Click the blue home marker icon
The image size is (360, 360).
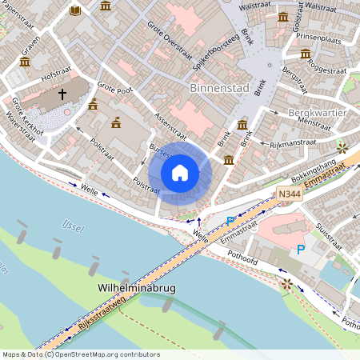tap(180, 173)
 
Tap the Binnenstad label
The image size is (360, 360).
tap(221, 86)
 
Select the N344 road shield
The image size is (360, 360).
tap(289, 194)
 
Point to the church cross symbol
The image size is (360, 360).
tap(62, 94)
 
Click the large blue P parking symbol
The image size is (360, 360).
tap(301, 250)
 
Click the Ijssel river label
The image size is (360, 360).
tap(72, 227)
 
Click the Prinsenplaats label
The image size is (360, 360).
tap(318, 37)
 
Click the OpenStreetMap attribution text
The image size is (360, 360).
tap(80, 354)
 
